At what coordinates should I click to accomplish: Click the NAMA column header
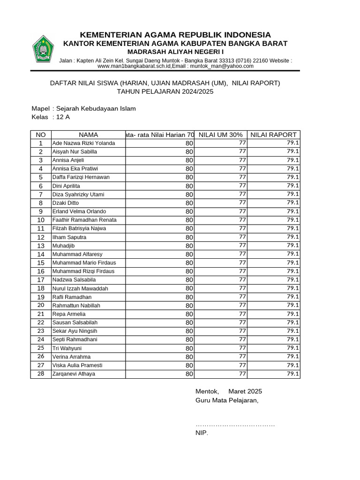click(x=88, y=135)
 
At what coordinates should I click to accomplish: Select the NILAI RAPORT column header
click(x=274, y=135)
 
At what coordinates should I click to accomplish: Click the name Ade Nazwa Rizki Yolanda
click(x=83, y=143)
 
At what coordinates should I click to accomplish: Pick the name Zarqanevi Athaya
click(x=74, y=374)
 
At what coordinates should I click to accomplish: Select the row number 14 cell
click(x=41, y=254)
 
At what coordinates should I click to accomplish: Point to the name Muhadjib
click(x=63, y=246)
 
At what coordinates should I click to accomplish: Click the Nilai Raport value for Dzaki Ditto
click(x=293, y=202)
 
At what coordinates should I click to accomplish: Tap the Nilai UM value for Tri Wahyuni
click(x=242, y=348)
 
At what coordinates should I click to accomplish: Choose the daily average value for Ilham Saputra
click(x=189, y=237)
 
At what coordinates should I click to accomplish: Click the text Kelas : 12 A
click(x=50, y=117)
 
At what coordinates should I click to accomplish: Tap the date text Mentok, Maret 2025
click(x=228, y=391)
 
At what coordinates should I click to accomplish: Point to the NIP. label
click(x=202, y=433)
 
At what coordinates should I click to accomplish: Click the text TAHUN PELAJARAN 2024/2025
click(x=165, y=92)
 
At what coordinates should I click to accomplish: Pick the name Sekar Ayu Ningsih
click(x=75, y=331)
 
